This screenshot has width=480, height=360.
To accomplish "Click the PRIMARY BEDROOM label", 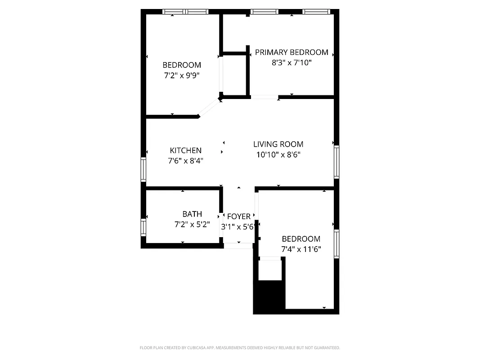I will [x=292, y=52].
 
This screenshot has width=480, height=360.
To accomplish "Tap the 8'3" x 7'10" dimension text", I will [x=292, y=63].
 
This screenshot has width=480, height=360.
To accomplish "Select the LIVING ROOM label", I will [x=278, y=144].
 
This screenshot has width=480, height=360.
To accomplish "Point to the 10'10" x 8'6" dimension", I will [x=278, y=155].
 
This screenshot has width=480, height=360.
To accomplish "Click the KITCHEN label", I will [x=185, y=150].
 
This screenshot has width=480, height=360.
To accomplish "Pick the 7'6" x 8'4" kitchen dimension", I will [x=185, y=161].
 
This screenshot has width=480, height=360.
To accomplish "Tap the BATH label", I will [x=192, y=214].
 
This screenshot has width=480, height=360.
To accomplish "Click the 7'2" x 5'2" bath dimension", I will [x=192, y=225].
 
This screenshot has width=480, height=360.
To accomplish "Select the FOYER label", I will [x=238, y=217].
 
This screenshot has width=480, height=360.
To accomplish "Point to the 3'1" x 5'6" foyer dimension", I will [x=238, y=227].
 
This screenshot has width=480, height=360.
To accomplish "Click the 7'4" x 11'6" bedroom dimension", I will [x=301, y=249].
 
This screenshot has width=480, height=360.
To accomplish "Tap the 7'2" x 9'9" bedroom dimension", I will [x=182, y=76].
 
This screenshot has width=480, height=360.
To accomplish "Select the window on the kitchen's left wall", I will [x=144, y=169].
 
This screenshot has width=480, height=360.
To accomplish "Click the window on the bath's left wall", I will [x=144, y=227].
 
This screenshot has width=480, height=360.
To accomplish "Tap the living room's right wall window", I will [x=336, y=162].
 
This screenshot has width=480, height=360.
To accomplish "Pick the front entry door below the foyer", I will [x=238, y=246].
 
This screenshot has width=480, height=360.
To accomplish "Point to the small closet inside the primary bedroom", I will [x=234, y=74].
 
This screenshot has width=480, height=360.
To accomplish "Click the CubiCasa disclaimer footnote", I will [x=240, y=348].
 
